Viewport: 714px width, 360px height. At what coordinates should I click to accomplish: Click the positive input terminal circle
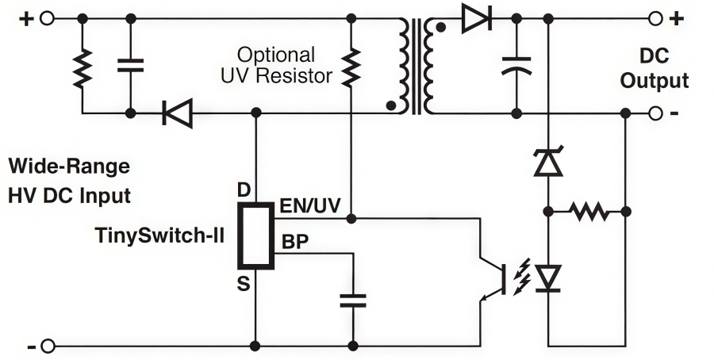(x=47, y=18)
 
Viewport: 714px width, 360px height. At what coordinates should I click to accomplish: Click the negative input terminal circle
(x=47, y=346)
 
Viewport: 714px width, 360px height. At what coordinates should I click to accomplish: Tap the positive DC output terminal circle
(x=655, y=18)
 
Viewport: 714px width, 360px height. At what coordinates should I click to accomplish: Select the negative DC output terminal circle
(x=655, y=113)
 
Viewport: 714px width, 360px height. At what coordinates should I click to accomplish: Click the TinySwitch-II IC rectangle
(x=256, y=236)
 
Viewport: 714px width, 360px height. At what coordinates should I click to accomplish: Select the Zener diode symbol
(x=547, y=163)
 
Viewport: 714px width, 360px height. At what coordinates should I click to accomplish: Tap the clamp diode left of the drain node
(x=176, y=113)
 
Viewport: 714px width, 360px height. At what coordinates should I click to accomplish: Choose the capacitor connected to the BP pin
(x=352, y=300)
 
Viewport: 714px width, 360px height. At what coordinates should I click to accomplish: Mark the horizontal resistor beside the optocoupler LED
(x=587, y=212)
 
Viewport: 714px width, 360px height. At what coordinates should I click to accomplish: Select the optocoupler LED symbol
(x=547, y=277)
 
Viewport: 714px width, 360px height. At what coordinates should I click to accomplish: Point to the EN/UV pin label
(x=309, y=207)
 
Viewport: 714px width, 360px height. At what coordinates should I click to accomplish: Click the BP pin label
(x=294, y=243)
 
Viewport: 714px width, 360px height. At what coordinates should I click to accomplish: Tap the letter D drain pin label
(x=244, y=190)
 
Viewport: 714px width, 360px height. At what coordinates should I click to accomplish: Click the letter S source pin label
(x=244, y=283)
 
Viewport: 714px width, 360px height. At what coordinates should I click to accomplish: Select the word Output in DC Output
(x=654, y=81)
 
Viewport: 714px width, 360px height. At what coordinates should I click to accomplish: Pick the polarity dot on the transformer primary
(x=390, y=104)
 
